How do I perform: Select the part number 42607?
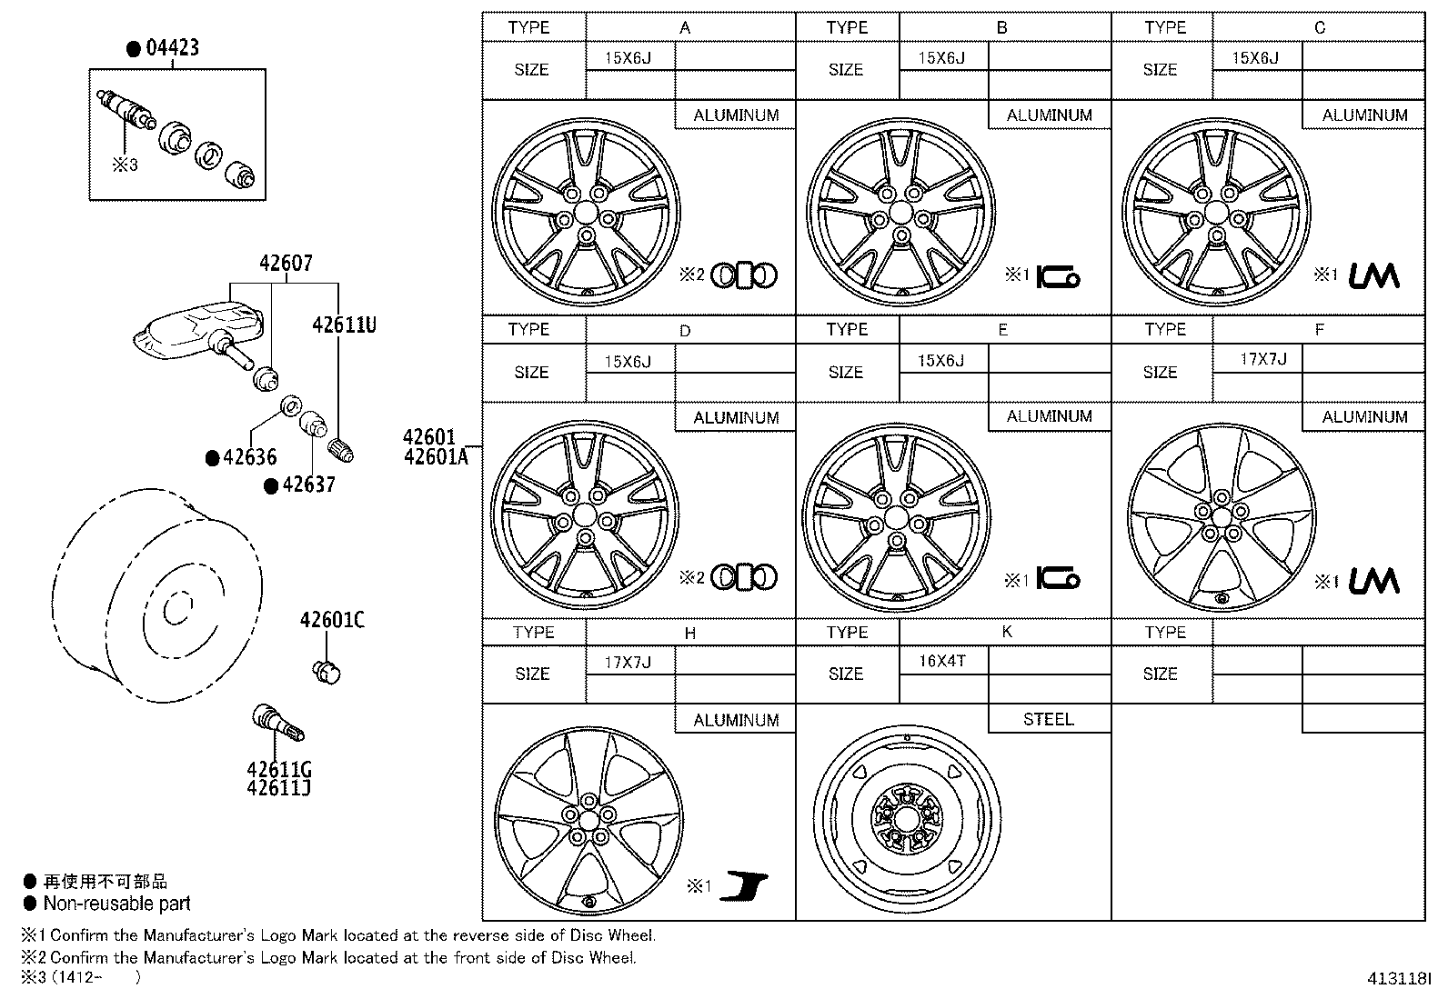(x=286, y=264)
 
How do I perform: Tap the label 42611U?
(x=344, y=325)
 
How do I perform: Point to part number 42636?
(x=249, y=457)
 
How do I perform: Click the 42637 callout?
(x=308, y=485)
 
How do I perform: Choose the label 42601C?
(x=332, y=620)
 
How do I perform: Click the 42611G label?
(x=278, y=769)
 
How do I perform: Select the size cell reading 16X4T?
(x=941, y=661)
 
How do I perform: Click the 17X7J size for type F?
(x=1262, y=359)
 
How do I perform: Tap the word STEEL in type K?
(x=1048, y=719)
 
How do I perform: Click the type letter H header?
(x=689, y=633)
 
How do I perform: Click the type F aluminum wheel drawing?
(x=1221, y=515)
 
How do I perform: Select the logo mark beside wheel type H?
(x=743, y=886)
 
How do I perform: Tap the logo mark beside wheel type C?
(x=1373, y=275)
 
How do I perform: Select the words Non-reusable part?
(x=116, y=904)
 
